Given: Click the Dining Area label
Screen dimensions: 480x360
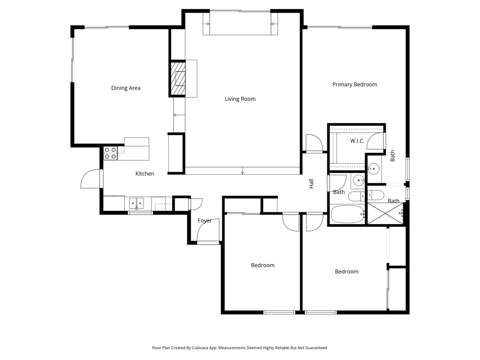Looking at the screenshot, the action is (x=126, y=88).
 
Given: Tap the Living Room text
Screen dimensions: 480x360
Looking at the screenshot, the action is (x=240, y=99).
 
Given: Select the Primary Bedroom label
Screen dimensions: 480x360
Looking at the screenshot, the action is (x=354, y=84).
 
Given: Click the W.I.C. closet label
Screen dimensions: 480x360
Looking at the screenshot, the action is (x=357, y=141).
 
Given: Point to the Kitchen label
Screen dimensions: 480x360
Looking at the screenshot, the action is (x=145, y=173).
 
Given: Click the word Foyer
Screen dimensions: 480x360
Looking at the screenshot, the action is (x=204, y=221).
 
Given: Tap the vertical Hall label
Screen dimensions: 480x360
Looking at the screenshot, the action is (x=311, y=184).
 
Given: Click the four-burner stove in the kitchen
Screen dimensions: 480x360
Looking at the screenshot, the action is (x=110, y=153).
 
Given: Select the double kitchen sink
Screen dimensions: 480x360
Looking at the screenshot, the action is (x=136, y=203).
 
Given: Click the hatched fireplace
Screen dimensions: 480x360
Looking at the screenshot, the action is (x=178, y=78).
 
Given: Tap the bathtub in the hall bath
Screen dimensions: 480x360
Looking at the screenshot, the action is (x=347, y=214).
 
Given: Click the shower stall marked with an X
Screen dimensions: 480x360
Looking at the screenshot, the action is (x=386, y=213).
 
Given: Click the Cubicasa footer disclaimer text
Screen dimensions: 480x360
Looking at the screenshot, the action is (x=240, y=348).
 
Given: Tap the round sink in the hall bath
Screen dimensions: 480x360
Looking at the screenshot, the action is (x=359, y=180).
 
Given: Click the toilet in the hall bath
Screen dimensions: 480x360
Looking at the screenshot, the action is (x=356, y=196).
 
